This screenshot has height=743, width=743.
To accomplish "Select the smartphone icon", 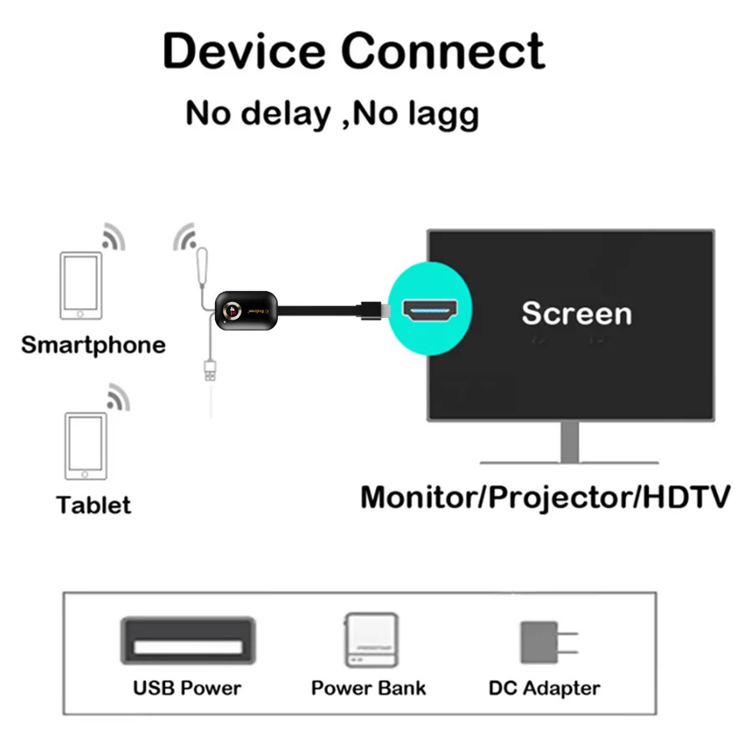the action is [80, 284].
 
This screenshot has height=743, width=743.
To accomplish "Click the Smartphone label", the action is [93, 345].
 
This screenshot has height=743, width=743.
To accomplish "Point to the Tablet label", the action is [94, 505].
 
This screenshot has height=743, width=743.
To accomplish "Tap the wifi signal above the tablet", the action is [118, 397].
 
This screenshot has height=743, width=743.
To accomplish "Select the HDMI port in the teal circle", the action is [433, 310].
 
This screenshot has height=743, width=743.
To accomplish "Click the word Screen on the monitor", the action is [576, 313].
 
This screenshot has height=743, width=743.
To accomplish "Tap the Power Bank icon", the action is [369, 640].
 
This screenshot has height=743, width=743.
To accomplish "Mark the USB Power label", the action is [187, 689].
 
